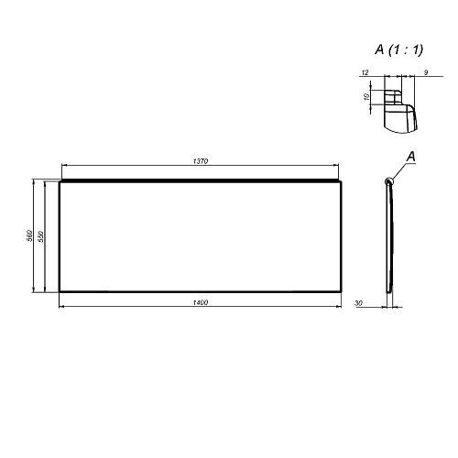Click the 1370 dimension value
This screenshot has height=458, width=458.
pyautogui.click(x=202, y=161)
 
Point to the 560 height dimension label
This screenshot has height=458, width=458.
pyautogui.click(x=30, y=235)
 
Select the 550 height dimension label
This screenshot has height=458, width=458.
pyautogui.click(x=42, y=235)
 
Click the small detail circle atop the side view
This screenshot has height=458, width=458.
pyautogui.click(x=390, y=180)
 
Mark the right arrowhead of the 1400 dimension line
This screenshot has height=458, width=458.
pyautogui.click(x=345, y=306)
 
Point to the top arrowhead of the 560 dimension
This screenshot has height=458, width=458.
pyautogui.click(x=33, y=182)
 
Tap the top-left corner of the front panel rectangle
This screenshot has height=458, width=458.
pyautogui.click(x=59, y=181)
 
